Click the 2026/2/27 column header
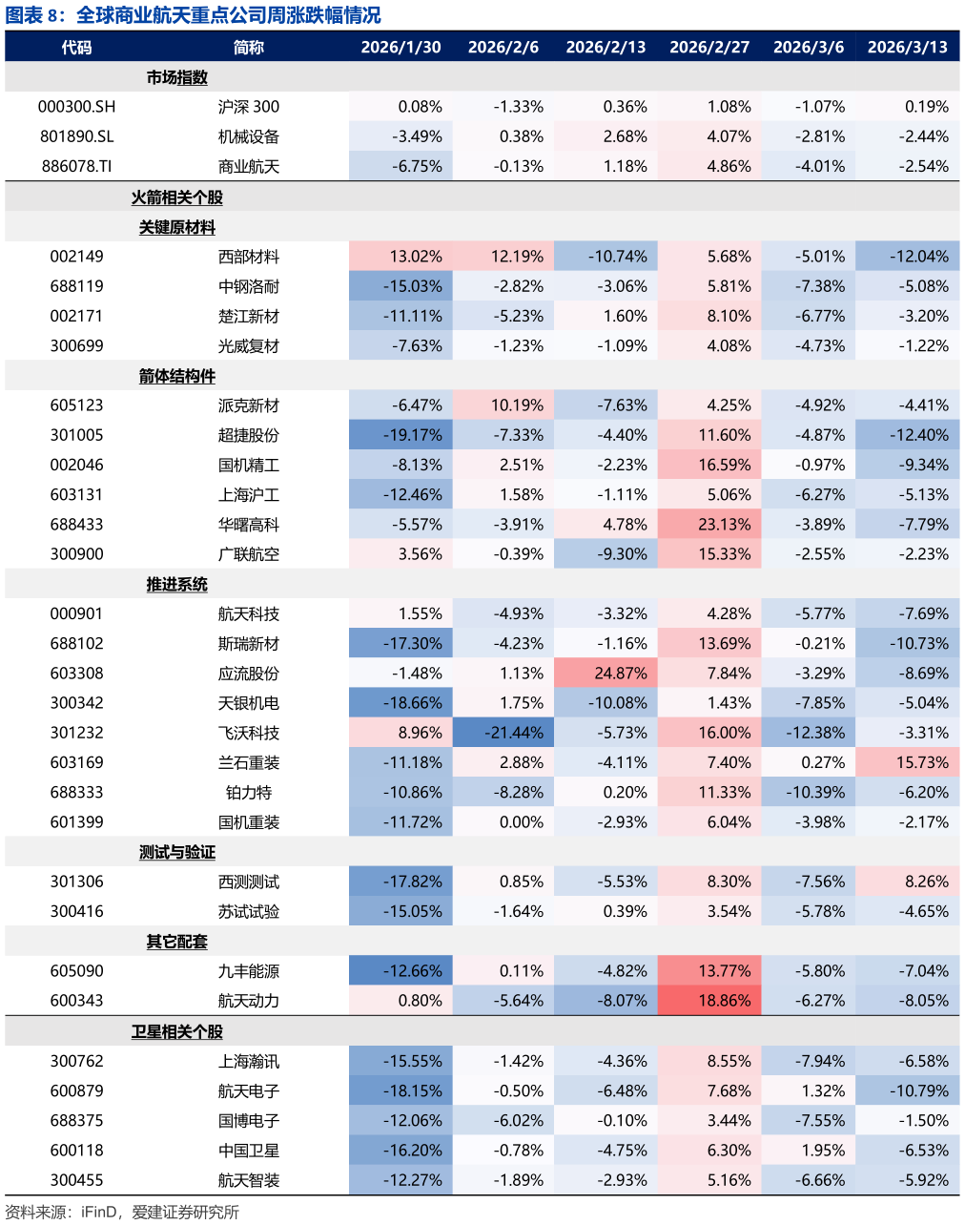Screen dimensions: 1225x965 pyautogui.click(x=709, y=47)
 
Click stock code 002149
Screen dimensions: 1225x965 pyautogui.click(x=76, y=257)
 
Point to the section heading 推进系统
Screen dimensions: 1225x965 pyautogui.click(x=176, y=584)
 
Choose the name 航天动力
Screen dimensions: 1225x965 pyautogui.click(x=249, y=1001)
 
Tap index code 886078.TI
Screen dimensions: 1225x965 pyautogui.click(x=76, y=166)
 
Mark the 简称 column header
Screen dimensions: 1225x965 pyautogui.click(x=249, y=47)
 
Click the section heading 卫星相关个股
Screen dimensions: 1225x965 pyautogui.click(x=176, y=1031)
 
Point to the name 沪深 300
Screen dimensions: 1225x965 pyautogui.click(x=249, y=107)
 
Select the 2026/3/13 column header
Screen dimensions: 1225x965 pyautogui.click(x=907, y=47)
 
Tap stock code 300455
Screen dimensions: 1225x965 pyautogui.click(x=76, y=1180)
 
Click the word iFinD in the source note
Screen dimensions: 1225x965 pyautogui.click(x=99, y=1212)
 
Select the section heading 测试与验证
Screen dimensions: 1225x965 pyautogui.click(x=176, y=852)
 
